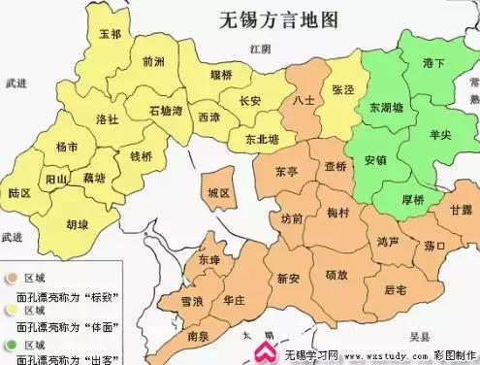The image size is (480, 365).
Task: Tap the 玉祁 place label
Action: tap(111, 33)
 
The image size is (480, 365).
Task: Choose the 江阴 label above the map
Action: tap(257, 48)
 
